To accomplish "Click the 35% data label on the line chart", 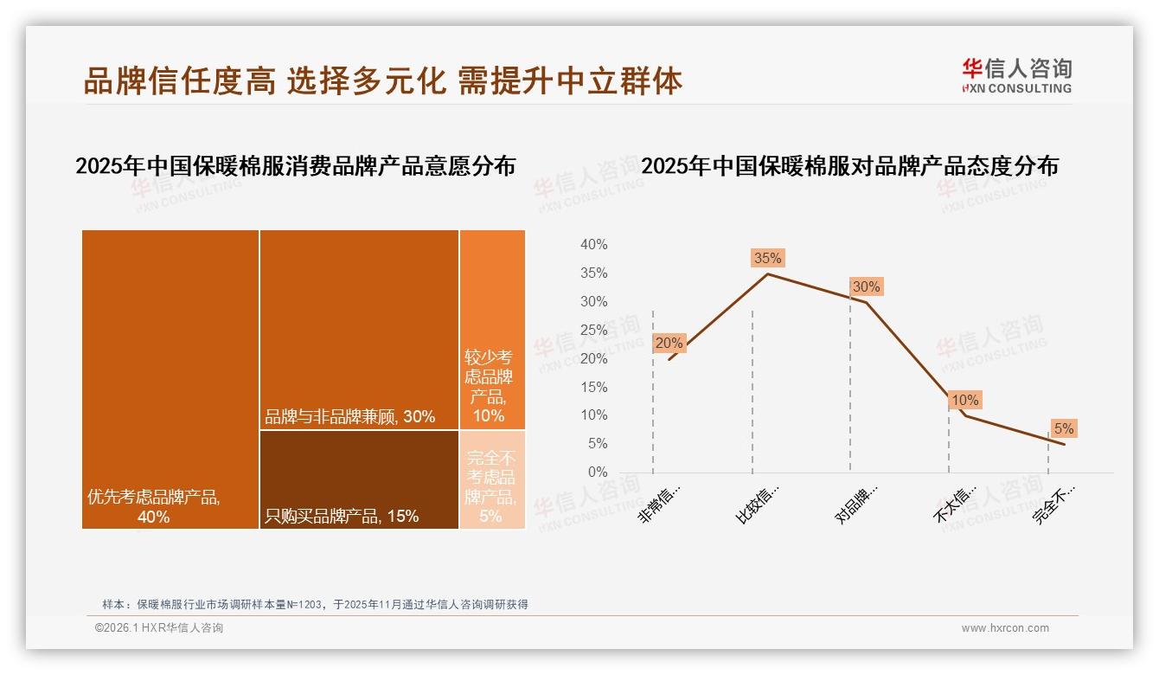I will point(767,258).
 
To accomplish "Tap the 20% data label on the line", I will point(669,343).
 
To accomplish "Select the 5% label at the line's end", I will point(1063,428).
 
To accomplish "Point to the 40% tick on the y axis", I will point(593,245).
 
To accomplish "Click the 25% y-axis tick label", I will point(593,330).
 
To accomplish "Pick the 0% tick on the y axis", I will point(597,472).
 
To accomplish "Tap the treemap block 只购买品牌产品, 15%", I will point(359,479).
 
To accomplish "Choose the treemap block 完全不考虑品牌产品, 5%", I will point(492,479).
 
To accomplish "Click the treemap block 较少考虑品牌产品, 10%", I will point(492,329).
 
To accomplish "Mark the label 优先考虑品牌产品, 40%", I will point(154,507).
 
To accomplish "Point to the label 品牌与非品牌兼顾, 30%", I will point(349,416).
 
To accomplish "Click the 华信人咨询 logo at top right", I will point(1016,75).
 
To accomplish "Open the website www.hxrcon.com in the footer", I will point(1005,628).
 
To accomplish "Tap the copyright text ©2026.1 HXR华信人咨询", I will point(159,628).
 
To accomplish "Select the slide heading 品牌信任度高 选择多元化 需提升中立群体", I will point(382,80).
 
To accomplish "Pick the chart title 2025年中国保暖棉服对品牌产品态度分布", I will point(849,166).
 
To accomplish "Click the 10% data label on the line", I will point(964,400).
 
